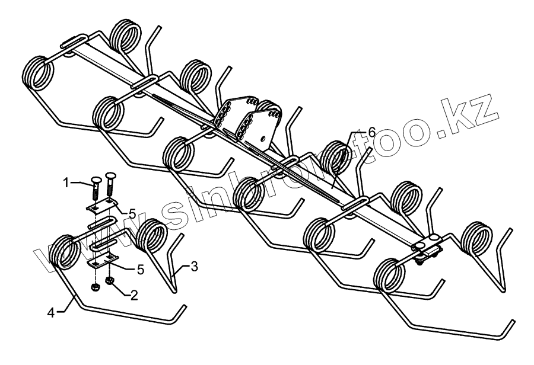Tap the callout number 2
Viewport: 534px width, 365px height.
[135, 294]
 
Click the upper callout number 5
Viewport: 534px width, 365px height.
[133, 212]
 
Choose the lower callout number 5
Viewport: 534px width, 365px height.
[140, 270]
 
